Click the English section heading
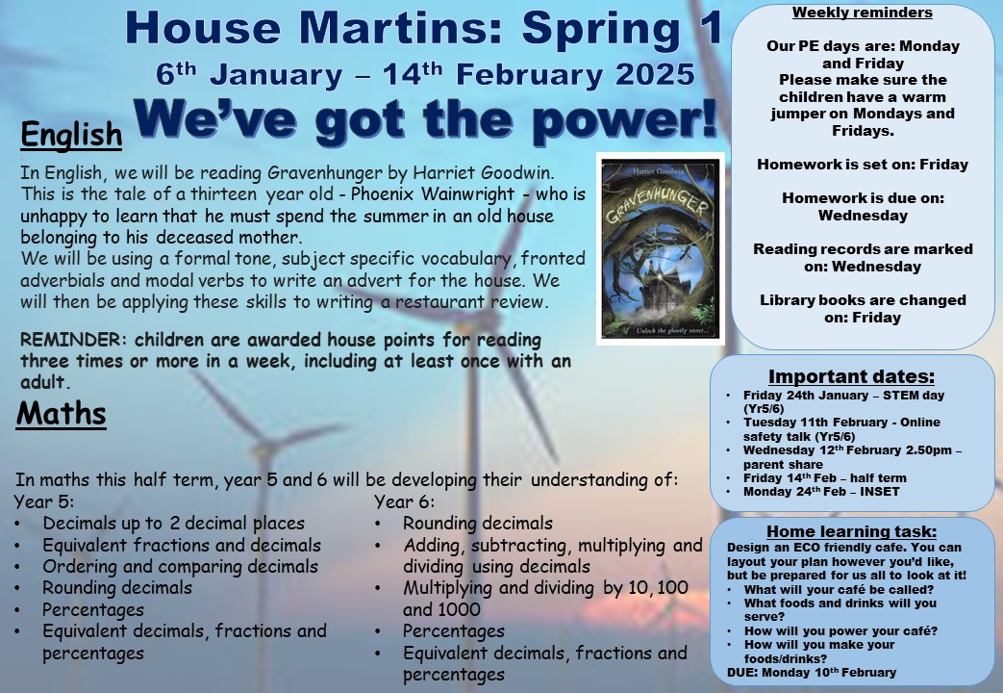coord(71,135)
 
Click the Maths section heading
coord(62,413)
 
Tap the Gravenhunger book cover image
coord(660,249)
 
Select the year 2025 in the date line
coord(655,75)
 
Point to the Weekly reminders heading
coord(863,13)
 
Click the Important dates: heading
coord(851,376)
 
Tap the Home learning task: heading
coord(851,531)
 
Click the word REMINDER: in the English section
coord(70,340)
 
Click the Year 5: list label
coord(44,501)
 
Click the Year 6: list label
coord(404,501)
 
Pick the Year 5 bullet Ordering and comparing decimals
coord(181,567)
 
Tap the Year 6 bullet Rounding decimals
coord(478,524)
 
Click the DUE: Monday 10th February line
coord(812,673)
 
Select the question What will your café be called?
coord(839,589)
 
